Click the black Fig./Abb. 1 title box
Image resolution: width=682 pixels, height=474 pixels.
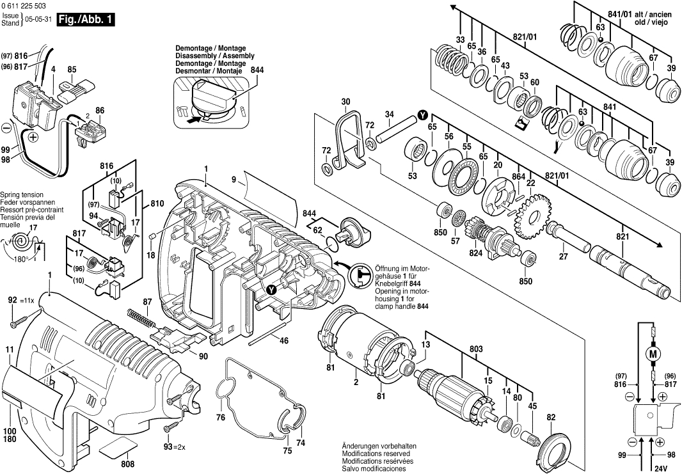click(x=86, y=20)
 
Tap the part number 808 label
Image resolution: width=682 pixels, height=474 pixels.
click(x=127, y=464)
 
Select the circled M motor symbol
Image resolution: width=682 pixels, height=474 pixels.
click(x=653, y=354)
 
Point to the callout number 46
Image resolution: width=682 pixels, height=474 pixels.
click(x=283, y=341)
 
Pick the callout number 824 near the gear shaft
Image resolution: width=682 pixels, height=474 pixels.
click(x=476, y=253)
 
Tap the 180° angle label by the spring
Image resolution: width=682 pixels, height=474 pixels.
click(x=26, y=260)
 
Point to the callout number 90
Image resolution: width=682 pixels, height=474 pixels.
click(x=203, y=356)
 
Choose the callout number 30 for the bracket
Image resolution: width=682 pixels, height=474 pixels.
click(x=345, y=102)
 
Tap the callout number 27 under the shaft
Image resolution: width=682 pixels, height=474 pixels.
click(x=563, y=257)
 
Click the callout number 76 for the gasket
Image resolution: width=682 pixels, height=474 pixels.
click(x=220, y=418)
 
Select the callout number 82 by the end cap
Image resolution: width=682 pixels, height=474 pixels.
click(x=551, y=418)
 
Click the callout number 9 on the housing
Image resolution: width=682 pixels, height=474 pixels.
click(x=234, y=180)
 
